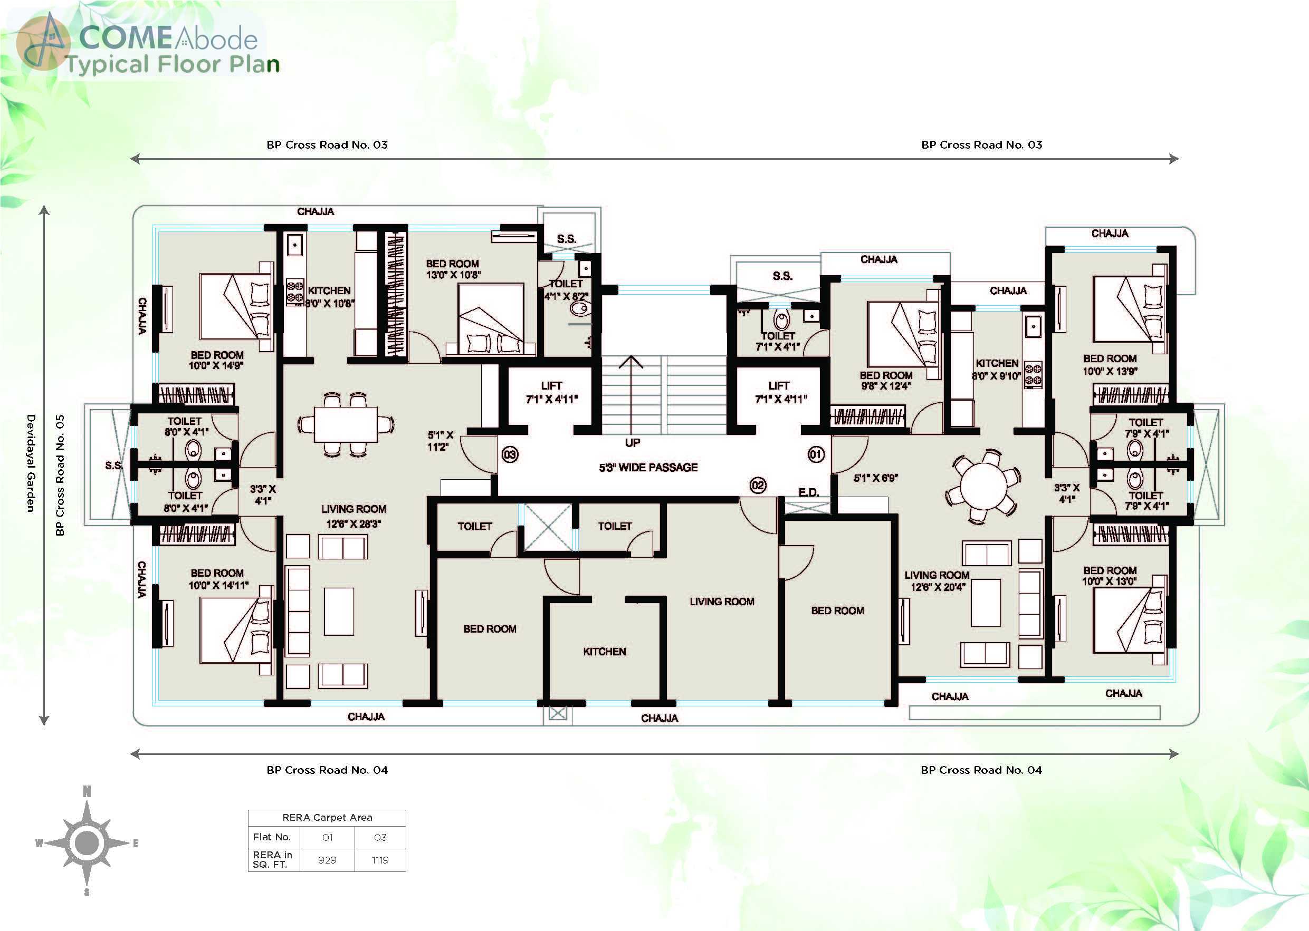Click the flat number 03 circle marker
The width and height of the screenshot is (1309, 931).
pos(510,454)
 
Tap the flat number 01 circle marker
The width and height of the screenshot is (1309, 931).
pos(816,454)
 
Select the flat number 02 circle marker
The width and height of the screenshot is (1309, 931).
pos(758,486)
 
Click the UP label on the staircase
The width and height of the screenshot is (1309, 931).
pos(633,443)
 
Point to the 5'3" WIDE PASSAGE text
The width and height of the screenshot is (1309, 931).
pos(648,467)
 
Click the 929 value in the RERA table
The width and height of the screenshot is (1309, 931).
pos(327,860)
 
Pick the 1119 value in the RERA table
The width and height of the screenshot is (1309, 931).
pos(380,860)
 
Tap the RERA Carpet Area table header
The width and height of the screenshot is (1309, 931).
pos(327,818)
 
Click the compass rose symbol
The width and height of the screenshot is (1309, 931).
pos(87,842)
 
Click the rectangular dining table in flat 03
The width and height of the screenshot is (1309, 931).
pos(346,424)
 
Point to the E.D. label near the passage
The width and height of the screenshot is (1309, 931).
pos(808,492)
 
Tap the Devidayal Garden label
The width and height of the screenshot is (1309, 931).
pos(31,463)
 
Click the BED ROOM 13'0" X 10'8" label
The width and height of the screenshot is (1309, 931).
pos(453,269)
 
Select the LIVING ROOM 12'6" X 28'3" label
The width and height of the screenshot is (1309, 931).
pos(353,516)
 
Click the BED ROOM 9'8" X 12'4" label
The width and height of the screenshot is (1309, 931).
pos(886,380)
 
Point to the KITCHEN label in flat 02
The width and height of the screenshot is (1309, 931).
pos(605,651)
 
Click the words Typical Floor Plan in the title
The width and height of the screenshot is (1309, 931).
pos(172,64)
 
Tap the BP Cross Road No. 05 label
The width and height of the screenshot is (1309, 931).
pos(60,475)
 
